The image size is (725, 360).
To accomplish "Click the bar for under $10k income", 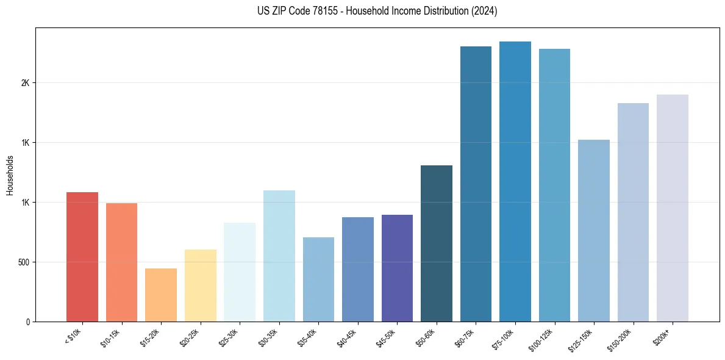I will tap(82, 257).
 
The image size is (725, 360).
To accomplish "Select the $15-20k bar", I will tap(161, 295).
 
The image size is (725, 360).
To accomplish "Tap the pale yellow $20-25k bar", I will tap(200, 286).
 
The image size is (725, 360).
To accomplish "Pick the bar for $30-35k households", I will tap(279, 256).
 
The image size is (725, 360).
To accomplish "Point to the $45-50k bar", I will tap(397, 268).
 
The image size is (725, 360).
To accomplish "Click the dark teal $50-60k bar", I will tap(437, 243).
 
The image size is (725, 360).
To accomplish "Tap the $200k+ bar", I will tap(673, 208).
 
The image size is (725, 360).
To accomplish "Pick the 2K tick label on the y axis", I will tap(26, 83).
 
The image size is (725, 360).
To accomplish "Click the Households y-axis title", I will tap(10, 175).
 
